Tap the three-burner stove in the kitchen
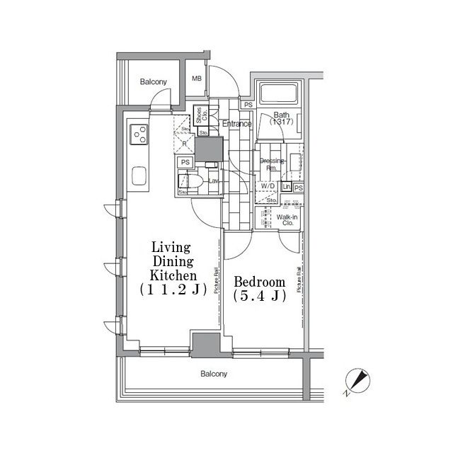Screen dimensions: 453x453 click(139, 133)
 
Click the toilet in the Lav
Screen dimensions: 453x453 click(197, 181)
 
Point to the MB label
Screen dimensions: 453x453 click(197, 79)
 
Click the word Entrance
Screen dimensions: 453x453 click(237, 124)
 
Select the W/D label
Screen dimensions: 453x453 click(268, 185)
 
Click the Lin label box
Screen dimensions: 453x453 click(287, 187)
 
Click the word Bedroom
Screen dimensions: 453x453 click(259, 280)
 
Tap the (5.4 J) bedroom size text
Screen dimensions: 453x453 click(259, 297)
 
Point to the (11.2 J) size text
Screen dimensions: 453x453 click(171, 289)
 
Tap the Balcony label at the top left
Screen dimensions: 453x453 click(153, 82)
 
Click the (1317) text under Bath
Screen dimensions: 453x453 click(281, 122)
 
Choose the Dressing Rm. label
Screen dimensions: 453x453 click(271, 164)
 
